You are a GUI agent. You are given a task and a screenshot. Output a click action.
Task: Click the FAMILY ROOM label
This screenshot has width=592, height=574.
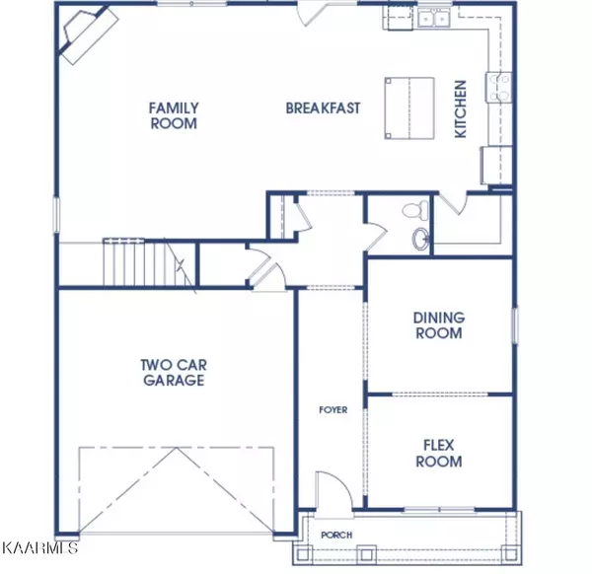(x=174, y=115)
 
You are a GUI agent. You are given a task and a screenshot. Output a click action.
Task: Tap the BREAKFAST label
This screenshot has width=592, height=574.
(x=323, y=108)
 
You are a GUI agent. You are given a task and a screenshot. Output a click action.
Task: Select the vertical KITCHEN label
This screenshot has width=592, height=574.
(x=461, y=109)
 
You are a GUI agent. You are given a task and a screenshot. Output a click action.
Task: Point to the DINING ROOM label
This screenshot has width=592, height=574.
(x=439, y=325)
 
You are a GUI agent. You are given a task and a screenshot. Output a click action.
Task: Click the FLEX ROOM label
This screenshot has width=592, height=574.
(x=439, y=454)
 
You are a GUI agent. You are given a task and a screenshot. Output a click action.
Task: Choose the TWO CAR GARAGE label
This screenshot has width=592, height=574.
(x=174, y=373)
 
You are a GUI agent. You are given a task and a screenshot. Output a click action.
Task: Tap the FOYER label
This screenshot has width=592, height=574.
(x=333, y=410)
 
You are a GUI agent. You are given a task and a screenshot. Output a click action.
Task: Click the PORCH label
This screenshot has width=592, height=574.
(x=336, y=535)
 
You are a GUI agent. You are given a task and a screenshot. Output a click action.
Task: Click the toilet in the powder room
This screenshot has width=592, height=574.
(x=416, y=209)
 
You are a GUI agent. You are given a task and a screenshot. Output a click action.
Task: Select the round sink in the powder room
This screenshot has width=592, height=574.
(x=420, y=239)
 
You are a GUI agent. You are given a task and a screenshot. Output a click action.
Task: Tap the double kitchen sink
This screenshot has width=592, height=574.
(x=433, y=18)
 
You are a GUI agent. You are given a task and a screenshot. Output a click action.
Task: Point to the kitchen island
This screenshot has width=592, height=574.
(x=409, y=108)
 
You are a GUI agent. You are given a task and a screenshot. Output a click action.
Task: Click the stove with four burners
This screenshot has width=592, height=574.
(x=499, y=87)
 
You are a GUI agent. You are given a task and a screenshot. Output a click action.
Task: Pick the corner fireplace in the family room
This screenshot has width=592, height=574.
(x=88, y=35)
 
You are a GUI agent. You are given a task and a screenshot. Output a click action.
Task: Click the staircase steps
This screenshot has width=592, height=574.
(x=149, y=263)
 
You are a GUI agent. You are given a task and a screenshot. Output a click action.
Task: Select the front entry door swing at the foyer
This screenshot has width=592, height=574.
(x=333, y=490)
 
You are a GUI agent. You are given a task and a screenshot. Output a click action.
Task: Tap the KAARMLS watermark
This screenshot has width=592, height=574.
(x=40, y=547)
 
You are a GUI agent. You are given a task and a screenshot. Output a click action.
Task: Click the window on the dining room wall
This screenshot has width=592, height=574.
(x=515, y=324)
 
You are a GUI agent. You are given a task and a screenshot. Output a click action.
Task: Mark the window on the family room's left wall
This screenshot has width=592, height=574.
(x=56, y=215)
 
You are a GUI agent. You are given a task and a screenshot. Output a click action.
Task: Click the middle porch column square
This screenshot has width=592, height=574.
(x=367, y=554)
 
